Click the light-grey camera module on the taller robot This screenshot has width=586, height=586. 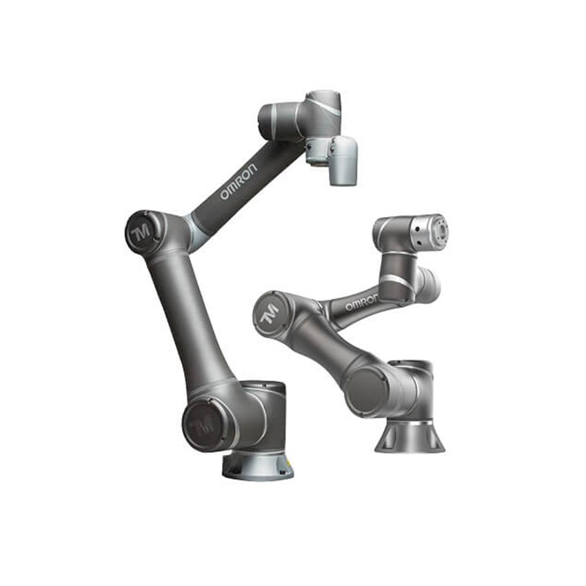point(343,160)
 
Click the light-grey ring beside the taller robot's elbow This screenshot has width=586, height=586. point(194,232)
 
